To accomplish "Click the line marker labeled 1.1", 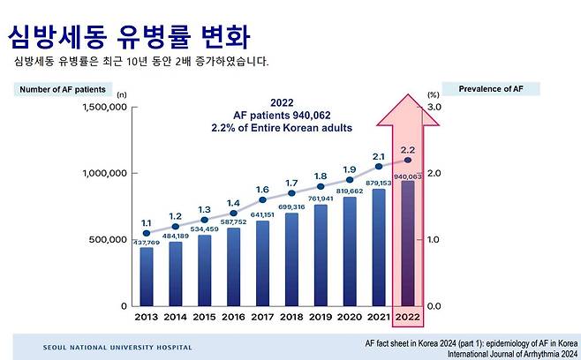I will pyautogui.click(x=147, y=233).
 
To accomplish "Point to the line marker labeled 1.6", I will pyautogui.click(x=262, y=199).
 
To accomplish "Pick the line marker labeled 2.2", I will pyautogui.click(x=408, y=160).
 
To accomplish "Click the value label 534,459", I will pyautogui.click(x=204, y=229).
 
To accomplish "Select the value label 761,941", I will pyautogui.click(x=321, y=199).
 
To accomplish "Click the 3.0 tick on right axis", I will pyautogui.click(x=434, y=107).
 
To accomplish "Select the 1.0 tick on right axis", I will pyautogui.click(x=434, y=239).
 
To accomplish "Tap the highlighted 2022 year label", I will pyautogui.click(x=408, y=317).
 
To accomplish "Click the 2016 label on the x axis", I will pyautogui.click(x=233, y=317).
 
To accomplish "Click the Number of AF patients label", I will pyautogui.click(x=63, y=89).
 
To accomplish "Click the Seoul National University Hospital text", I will pyautogui.click(x=117, y=348).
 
